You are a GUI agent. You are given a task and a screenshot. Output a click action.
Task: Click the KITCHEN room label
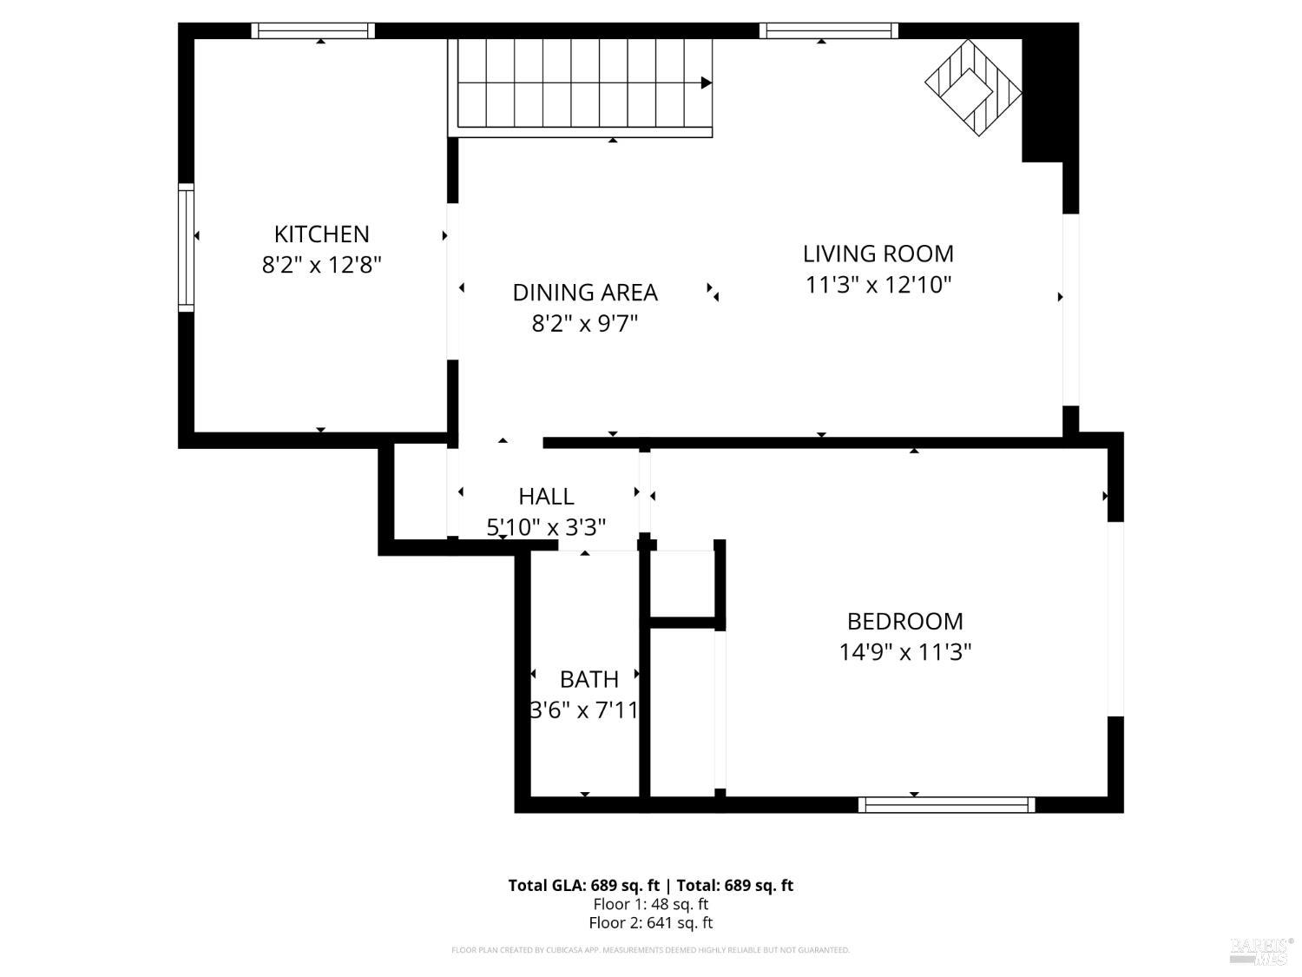321,234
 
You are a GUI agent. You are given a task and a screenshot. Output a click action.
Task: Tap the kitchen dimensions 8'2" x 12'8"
321,264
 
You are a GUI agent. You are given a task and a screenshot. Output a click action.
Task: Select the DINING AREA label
584,293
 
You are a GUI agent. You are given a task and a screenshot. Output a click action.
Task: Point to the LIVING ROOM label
878,254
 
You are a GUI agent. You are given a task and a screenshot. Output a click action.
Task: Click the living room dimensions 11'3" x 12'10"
878,284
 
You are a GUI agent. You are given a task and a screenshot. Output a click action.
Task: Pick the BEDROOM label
904,621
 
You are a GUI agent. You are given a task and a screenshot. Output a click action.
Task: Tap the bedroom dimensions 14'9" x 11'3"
904,651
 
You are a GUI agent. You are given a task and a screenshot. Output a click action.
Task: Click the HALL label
546,496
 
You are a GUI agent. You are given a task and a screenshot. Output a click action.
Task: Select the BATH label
589,679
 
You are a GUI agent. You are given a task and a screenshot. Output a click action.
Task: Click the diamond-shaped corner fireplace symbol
973,87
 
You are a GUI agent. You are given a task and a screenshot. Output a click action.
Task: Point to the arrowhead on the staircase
707,83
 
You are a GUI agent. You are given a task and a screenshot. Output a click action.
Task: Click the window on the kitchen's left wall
186,248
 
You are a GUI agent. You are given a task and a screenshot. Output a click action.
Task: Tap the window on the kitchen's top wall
312,31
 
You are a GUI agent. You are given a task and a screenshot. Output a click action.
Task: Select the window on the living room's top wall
828,31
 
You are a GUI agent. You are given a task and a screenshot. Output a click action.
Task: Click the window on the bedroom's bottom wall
946,805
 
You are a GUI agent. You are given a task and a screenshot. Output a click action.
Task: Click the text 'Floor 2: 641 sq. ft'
650,923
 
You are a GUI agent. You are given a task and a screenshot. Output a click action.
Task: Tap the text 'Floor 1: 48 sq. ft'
650,904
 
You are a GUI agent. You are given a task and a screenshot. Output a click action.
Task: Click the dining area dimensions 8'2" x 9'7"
584,324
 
